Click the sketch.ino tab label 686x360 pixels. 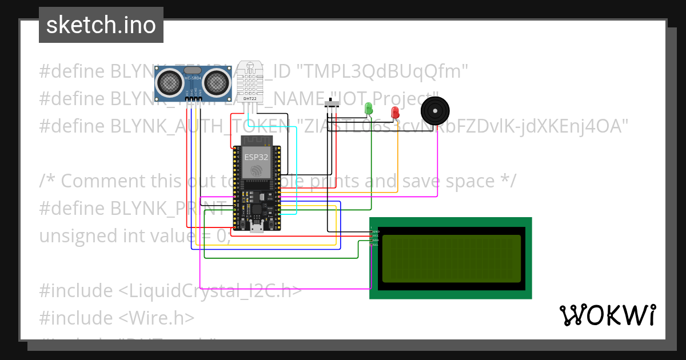(101, 25)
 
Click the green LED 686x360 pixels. (368, 108)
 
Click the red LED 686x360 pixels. (394, 112)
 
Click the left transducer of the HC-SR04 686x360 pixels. (170, 82)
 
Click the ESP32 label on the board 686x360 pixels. (256, 156)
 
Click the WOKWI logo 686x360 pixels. (607, 315)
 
